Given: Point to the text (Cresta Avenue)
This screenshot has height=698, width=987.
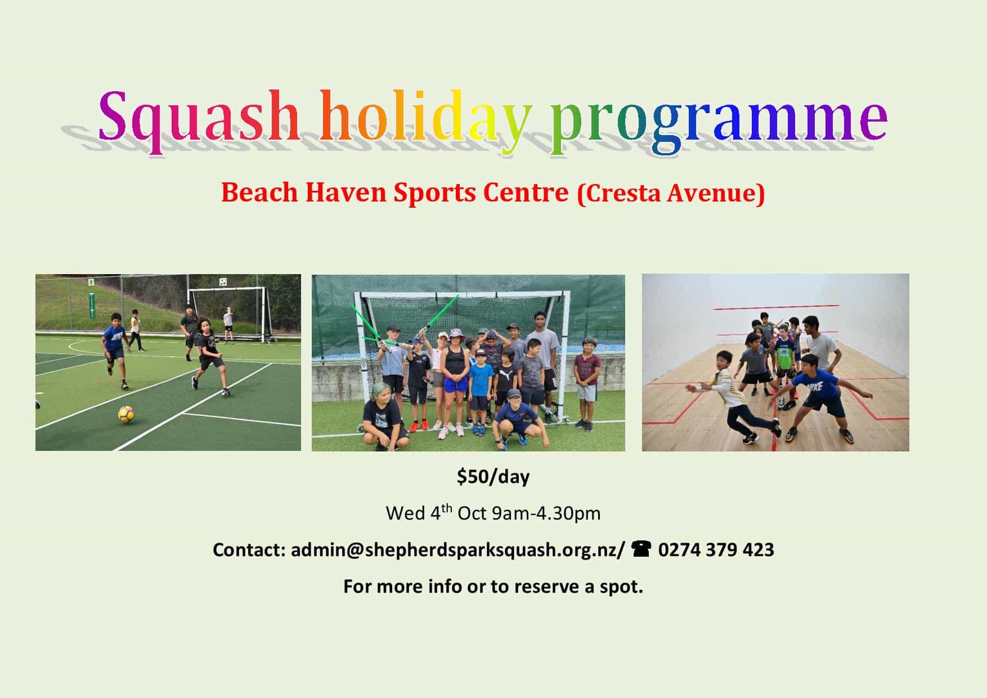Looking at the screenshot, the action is [671, 193].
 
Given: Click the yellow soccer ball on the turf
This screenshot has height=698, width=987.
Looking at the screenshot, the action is [126, 415].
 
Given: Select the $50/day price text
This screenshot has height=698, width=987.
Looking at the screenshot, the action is [493, 477].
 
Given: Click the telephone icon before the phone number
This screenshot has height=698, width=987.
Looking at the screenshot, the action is [641, 548].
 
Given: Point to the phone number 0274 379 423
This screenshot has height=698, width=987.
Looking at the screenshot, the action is [716, 549].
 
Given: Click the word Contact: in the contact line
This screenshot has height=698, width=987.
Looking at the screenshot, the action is [249, 550].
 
